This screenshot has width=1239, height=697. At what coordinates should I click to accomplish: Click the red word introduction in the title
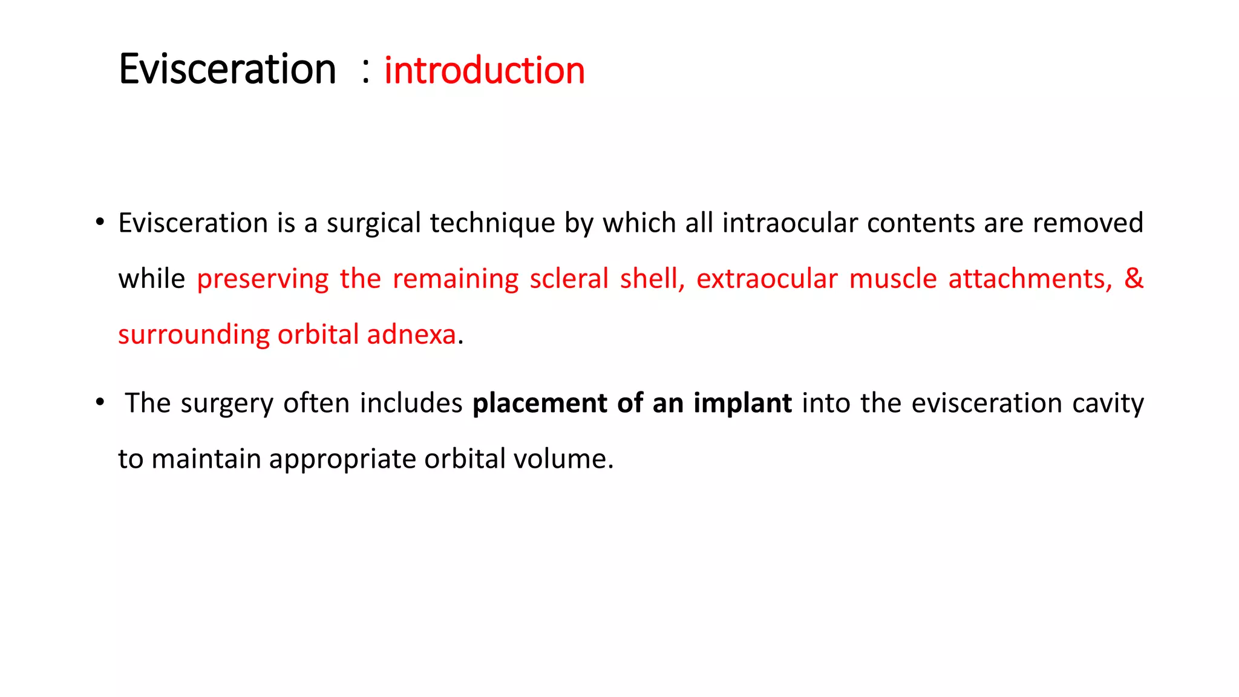pyautogui.click(x=484, y=70)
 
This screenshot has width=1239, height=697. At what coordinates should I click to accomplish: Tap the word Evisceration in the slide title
pyautogui.click(x=227, y=69)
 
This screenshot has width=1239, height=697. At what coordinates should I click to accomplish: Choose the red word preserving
pyautogui.click(x=263, y=280)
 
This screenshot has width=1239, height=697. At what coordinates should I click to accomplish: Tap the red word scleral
pyautogui.click(x=568, y=278)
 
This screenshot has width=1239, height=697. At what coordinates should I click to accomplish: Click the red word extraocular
pyautogui.click(x=767, y=278)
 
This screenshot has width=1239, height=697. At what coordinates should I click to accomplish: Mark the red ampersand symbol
pyautogui.click(x=1133, y=278)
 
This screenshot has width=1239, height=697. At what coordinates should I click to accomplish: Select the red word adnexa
pyautogui.click(x=411, y=335)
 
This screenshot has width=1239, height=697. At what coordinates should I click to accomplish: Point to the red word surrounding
pyautogui.click(x=194, y=335)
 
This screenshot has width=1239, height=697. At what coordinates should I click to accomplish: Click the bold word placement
pyautogui.click(x=540, y=403)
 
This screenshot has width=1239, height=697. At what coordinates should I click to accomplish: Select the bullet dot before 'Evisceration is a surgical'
pyautogui.click(x=100, y=221)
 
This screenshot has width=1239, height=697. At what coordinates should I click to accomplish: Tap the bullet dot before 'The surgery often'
pyautogui.click(x=100, y=402)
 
